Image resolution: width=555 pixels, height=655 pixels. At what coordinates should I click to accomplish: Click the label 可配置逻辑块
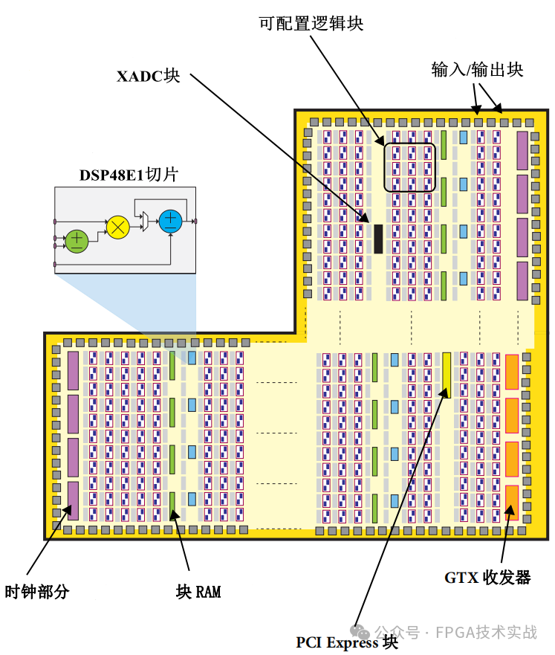pos(311,24)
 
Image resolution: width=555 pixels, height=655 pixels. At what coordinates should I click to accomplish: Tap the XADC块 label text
pos(149,76)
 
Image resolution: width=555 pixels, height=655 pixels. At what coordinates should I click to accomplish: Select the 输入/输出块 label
pos(477,70)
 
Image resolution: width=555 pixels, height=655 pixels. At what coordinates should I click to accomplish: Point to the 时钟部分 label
pos(37,592)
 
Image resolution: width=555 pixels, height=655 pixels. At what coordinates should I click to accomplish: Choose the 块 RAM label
pos(198,592)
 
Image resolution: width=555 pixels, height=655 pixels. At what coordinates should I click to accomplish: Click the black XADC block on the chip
pos(378,238)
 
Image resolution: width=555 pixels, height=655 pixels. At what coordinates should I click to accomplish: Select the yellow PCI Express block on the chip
pos(447,374)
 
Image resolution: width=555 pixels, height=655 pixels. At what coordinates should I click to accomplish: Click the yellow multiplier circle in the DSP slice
pos(118,228)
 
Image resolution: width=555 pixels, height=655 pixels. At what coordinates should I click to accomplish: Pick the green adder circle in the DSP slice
pos(77,240)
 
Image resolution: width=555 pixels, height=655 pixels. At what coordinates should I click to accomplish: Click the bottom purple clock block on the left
pos(73,500)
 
